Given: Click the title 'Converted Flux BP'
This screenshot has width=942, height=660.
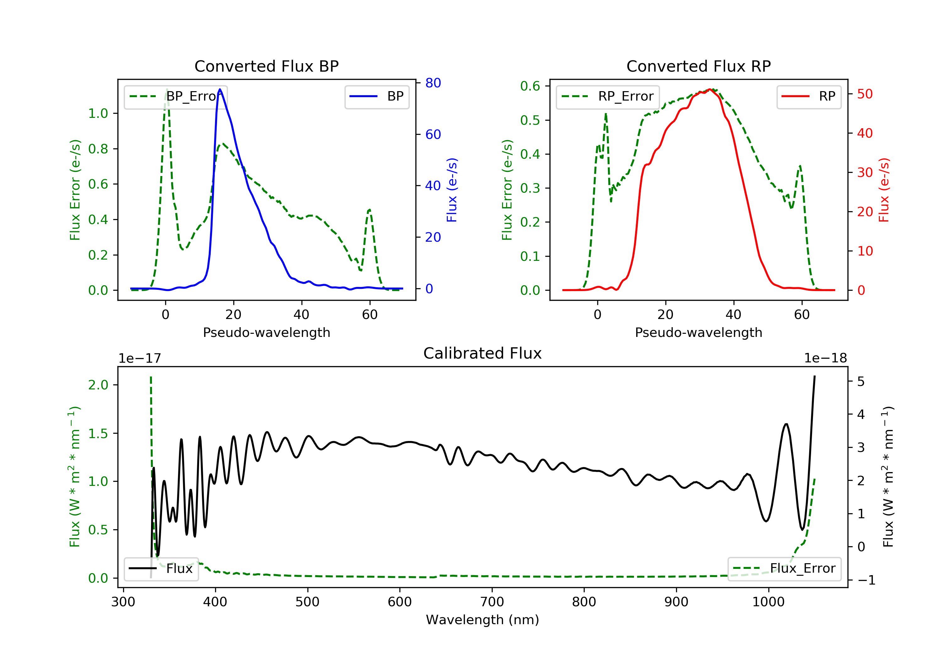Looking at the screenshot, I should pos(266,66).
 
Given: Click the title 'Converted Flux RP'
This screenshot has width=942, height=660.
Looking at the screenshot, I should pos(698,66).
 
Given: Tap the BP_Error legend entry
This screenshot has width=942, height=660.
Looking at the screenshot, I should pos(176,96).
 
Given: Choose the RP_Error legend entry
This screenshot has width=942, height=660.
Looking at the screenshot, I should pos(608,96).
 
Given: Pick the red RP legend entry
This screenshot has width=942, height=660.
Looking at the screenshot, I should pos(809,96).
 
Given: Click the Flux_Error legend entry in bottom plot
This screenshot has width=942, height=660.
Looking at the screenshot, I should pos(784,569).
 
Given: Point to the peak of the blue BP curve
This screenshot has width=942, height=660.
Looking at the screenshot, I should pos(220,89).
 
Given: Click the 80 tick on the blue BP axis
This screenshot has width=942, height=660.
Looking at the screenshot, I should pos(433,83).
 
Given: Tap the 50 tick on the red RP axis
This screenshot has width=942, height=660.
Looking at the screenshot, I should pos(865,94).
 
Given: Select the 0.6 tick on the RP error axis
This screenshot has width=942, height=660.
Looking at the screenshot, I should pos(530,86).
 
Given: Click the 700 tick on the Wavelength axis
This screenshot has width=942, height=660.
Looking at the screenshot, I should pos(492,602).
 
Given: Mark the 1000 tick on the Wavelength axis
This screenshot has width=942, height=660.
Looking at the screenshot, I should pos(768,602).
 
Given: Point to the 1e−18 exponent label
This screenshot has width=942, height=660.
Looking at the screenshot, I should pos(825,358).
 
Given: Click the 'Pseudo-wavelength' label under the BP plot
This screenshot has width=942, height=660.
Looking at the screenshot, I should pos(266,332).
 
